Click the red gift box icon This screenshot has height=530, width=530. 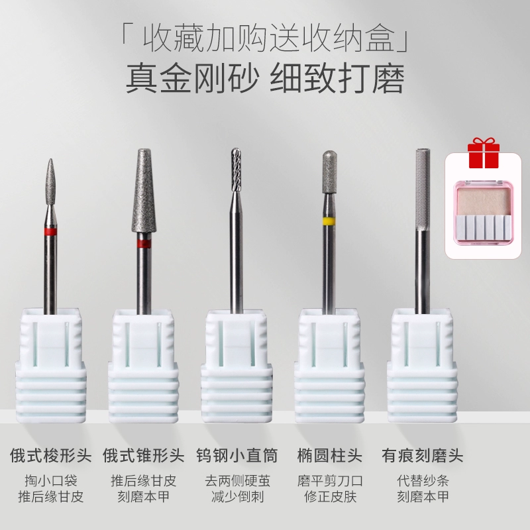pos(484,153)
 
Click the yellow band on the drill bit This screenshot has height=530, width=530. pos(329,221)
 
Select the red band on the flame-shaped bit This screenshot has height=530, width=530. pos(50,231)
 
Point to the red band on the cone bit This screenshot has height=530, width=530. pos(144,243)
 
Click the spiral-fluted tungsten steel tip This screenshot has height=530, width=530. pos(237,170)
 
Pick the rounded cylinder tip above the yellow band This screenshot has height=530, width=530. pos(329,172)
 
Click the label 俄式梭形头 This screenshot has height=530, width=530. pos(51,455)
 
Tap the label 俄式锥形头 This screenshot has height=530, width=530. pos(144,455)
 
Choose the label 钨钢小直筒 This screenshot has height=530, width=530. pos(237,455)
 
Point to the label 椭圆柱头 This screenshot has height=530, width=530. pos(330,455)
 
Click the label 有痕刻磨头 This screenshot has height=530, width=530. pos(423,455)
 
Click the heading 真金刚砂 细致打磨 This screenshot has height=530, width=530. pos(265,80)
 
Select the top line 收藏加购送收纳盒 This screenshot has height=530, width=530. pos(266,38)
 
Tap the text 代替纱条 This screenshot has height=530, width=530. pos(423,480)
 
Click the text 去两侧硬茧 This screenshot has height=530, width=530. pos(237,480)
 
